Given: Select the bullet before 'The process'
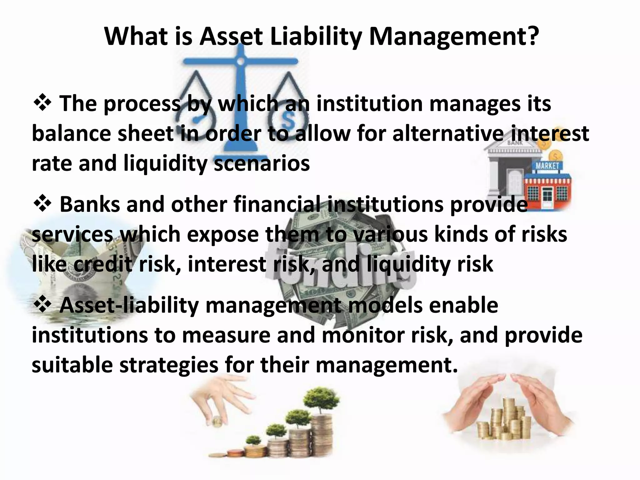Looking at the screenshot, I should click(42, 103).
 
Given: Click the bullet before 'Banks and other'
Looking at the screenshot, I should click(42, 204).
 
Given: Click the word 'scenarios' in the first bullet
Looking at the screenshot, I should click(262, 163).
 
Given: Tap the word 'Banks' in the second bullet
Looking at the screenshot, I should click(89, 204).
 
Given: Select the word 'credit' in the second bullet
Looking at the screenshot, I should click(103, 264).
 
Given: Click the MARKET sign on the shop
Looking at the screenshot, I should click(547, 166).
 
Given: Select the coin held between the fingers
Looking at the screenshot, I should click(216, 423).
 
